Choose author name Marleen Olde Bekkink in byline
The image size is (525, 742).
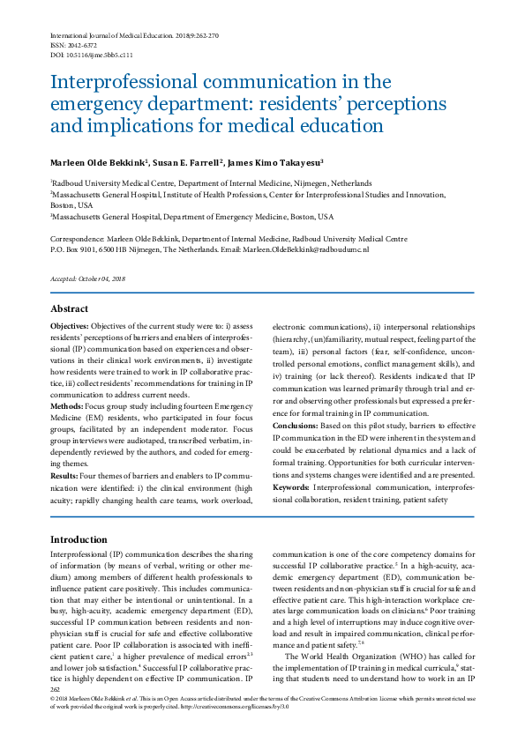[x=103, y=162]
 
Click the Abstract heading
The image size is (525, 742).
[x=69, y=308]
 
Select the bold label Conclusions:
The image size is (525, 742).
[x=299, y=426]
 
